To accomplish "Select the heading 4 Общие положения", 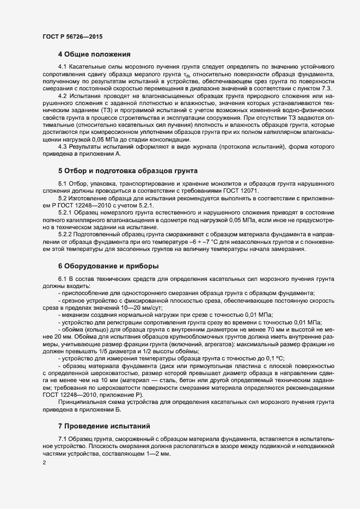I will click(x=94, y=54).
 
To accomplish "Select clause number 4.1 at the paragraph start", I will click(x=62, y=66).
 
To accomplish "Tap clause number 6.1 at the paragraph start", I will click(x=62, y=278).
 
